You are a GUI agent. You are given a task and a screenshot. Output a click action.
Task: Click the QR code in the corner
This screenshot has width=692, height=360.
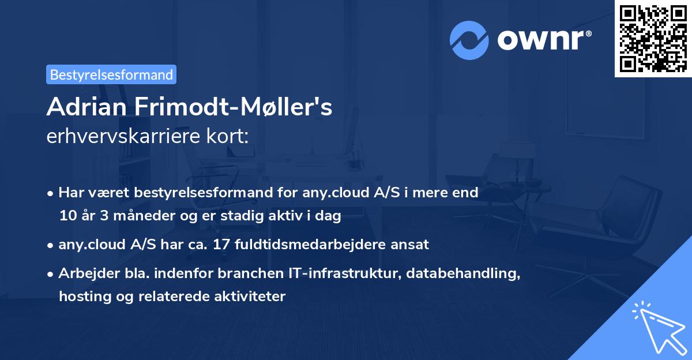click(653, 38)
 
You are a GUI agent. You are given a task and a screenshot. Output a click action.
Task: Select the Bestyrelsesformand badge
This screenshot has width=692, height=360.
click(111, 74)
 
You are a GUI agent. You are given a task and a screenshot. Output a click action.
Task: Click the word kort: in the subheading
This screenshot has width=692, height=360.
click(230, 137)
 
